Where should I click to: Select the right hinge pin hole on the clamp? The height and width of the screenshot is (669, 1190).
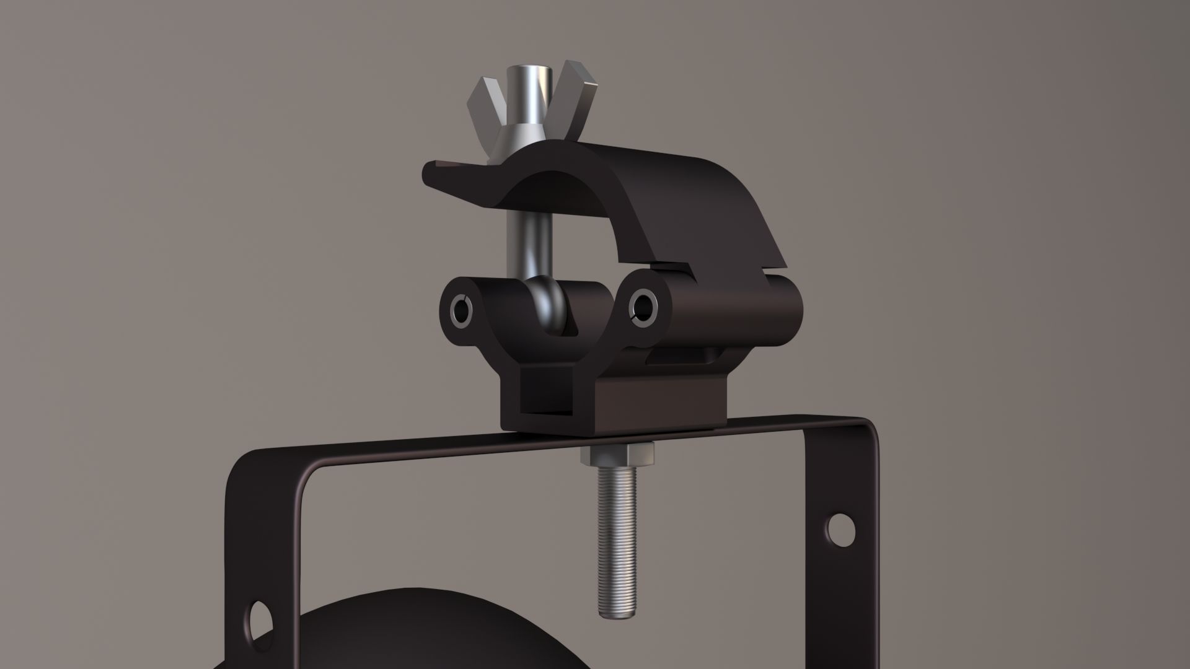click(x=643, y=305)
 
